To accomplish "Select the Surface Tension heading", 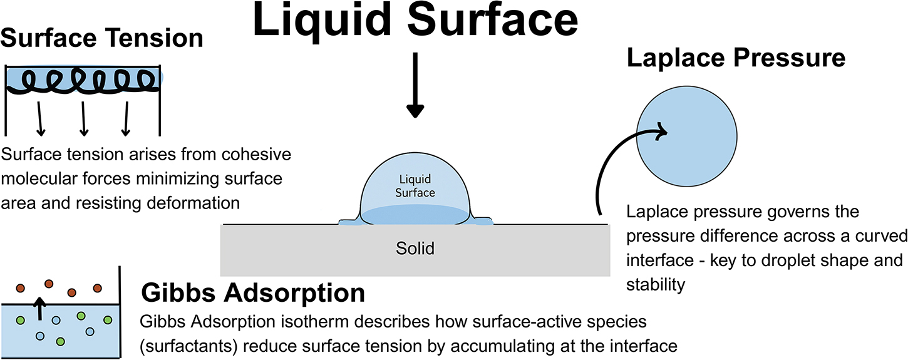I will [102, 38].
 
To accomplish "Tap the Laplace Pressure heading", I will [736, 58].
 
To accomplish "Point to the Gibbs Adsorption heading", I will [253, 293].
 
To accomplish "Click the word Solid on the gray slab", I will [415, 249].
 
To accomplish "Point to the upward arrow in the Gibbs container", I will [40, 309].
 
